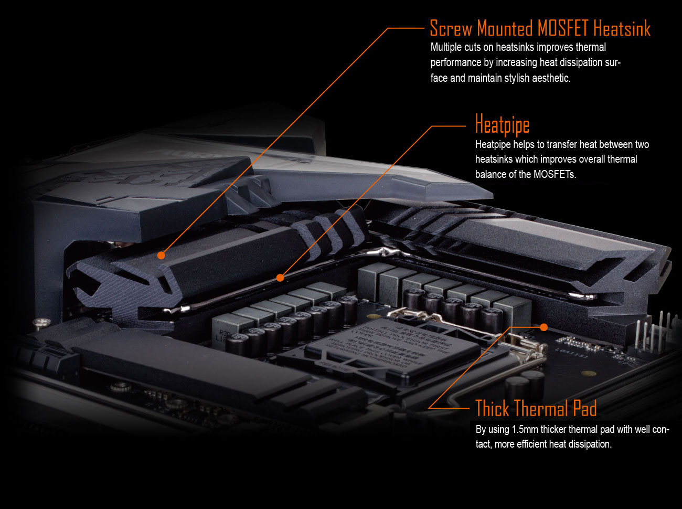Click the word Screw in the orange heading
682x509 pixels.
tap(450, 28)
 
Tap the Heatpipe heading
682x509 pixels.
tap(502, 125)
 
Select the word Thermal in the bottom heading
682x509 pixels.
tap(540, 408)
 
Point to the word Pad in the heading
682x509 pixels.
tap(585, 408)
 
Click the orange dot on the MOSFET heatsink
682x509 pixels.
tap(161, 255)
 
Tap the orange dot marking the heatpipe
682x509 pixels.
tap(280, 278)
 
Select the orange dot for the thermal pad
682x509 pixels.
tap(544, 327)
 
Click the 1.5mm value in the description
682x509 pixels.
tap(525, 429)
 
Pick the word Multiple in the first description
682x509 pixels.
tap(446, 47)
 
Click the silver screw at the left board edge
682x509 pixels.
tap(38, 321)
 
